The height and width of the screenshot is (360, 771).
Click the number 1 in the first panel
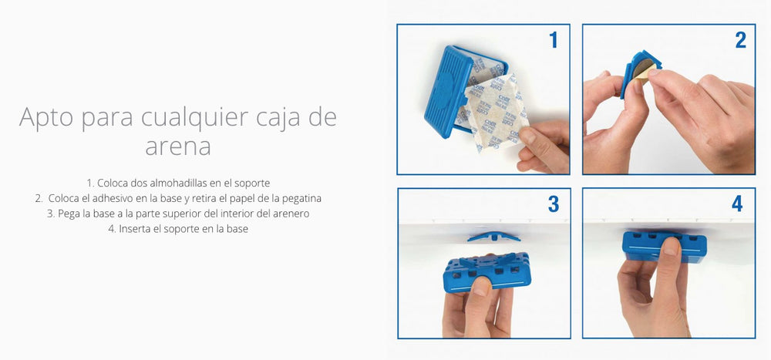(554, 40)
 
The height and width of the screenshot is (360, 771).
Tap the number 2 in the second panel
(740, 40)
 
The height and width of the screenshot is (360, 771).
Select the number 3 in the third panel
(554, 204)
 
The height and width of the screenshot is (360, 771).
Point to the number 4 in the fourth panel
(737, 204)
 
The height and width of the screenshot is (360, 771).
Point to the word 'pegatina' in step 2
(302, 199)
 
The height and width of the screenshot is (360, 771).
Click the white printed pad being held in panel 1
(497, 113)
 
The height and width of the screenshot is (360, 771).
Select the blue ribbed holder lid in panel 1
(446, 92)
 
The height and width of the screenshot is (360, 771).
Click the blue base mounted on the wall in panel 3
(493, 237)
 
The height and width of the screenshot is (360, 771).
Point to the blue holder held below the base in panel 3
(487, 272)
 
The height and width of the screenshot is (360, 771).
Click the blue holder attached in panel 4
(665, 247)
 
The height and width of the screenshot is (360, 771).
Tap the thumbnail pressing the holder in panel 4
(670, 246)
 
